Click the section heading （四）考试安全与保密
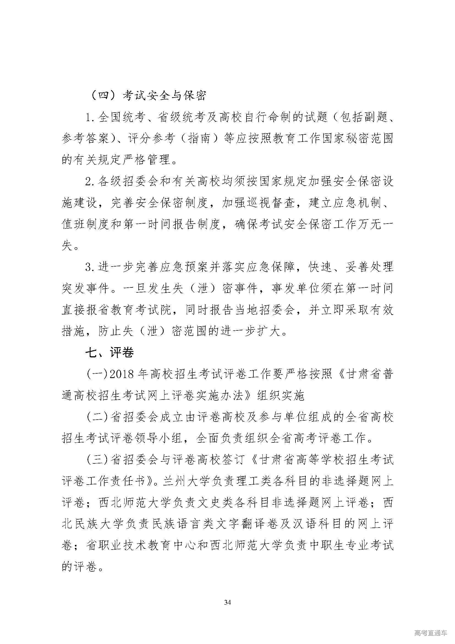click(149, 96)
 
